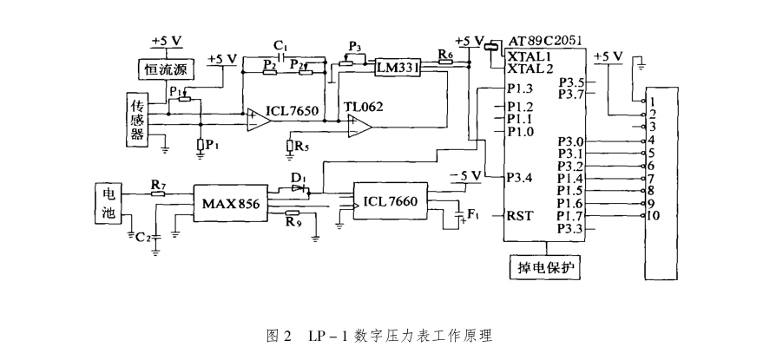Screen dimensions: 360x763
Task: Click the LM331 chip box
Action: point(396,67)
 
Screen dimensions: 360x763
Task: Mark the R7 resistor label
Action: point(158,184)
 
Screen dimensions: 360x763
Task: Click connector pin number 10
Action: point(654,216)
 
